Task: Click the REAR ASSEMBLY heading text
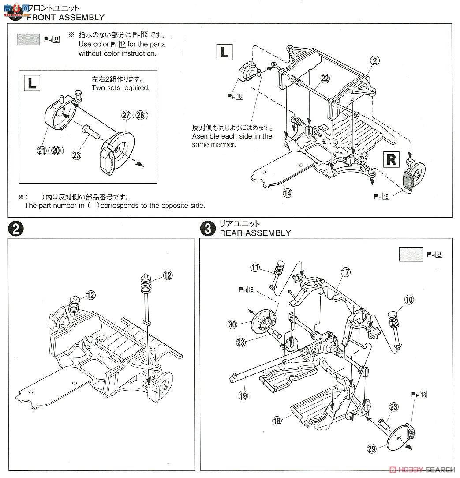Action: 255,233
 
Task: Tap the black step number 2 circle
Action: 15,230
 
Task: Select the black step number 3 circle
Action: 206,229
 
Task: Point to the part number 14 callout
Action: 288,192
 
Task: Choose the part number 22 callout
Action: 325,78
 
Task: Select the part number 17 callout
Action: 345,272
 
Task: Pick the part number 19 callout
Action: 243,395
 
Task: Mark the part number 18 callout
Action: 277,421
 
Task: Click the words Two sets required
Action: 120,88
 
